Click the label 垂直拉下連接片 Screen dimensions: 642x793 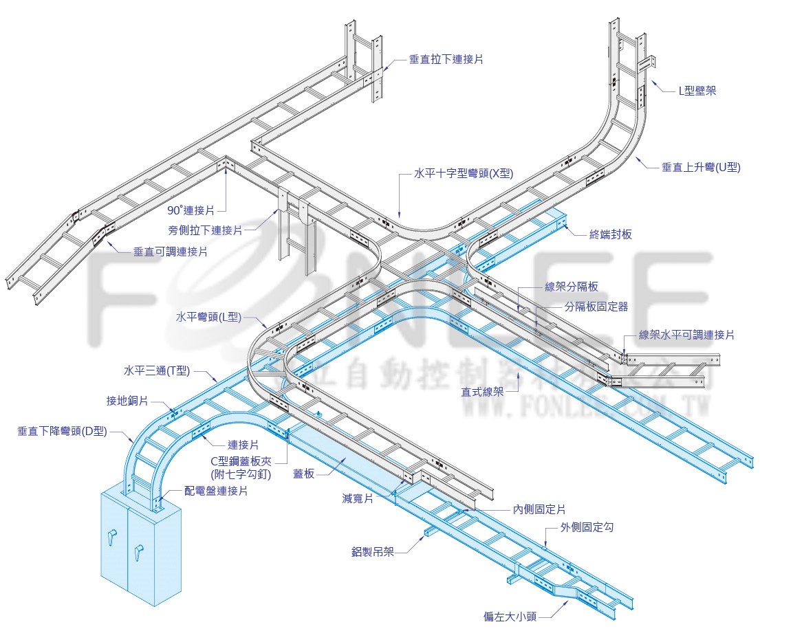446,60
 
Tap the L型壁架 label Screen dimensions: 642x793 697,90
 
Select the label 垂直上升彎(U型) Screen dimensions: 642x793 701,167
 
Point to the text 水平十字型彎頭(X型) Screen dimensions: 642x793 464,174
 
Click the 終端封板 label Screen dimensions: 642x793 610,234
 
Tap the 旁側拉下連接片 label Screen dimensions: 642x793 205,230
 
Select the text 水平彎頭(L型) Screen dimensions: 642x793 208,317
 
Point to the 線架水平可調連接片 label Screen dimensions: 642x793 686,335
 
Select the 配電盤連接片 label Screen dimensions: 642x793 216,491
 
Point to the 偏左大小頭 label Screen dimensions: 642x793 510,617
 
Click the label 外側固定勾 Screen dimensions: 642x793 586,527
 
